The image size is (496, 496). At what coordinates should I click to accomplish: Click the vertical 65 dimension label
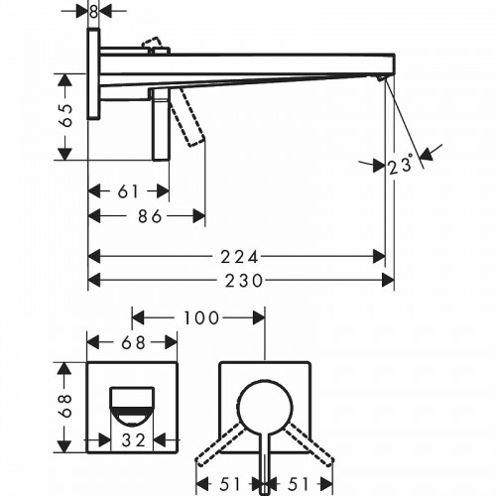tap(67, 115)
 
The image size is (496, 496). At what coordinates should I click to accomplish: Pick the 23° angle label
tap(401, 168)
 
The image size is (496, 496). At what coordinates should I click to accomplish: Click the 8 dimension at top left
tap(93, 12)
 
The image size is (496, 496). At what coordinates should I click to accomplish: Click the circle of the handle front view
tap(265, 404)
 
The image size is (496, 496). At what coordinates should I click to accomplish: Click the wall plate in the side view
tap(93, 74)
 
